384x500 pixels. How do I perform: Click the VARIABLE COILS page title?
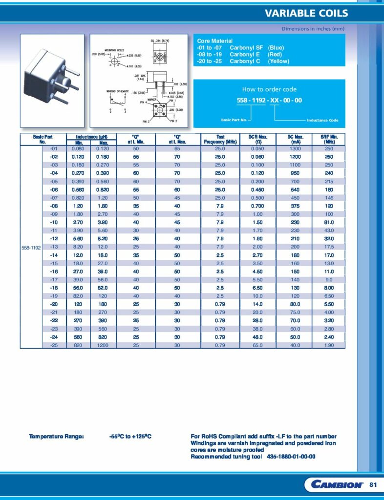click(x=306, y=13)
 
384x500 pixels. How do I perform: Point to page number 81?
click(x=374, y=484)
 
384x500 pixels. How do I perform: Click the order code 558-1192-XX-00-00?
click(x=269, y=100)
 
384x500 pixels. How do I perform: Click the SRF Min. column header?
click(x=328, y=139)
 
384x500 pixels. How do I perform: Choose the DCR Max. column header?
click(x=257, y=139)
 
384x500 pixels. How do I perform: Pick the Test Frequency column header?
click(x=220, y=139)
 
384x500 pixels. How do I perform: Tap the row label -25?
click(x=54, y=345)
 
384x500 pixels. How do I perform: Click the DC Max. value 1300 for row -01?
click(x=295, y=148)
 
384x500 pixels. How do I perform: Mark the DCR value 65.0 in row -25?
click(x=257, y=345)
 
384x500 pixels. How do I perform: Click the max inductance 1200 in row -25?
click(x=104, y=345)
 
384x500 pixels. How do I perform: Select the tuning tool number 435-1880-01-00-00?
click(x=291, y=457)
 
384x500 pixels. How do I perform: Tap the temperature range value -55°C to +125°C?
click(x=130, y=437)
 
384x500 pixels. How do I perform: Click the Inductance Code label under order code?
click(x=322, y=120)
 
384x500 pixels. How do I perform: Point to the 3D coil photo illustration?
click(x=52, y=81)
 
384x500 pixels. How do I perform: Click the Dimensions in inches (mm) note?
click(x=313, y=29)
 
